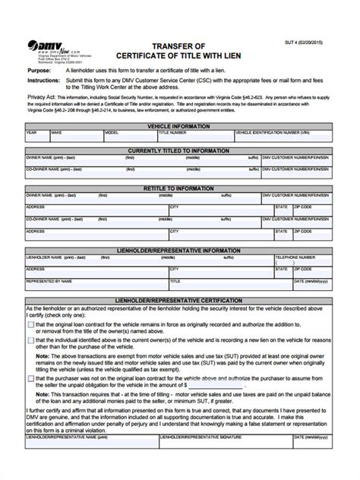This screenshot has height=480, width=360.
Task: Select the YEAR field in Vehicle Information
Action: coord(37,138)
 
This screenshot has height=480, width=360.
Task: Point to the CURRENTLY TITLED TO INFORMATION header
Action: coord(180,151)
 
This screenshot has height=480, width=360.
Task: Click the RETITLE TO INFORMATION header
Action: coord(180,188)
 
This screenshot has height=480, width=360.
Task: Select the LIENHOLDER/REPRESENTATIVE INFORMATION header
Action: coord(180,248)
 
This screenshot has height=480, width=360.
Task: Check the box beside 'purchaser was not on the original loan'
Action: coord(30,377)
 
